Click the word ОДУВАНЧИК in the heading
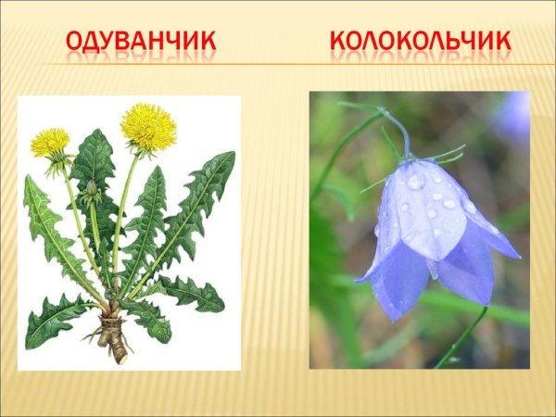142,42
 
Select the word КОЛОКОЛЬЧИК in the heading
420,42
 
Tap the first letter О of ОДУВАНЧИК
77,42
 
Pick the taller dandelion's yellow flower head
148,127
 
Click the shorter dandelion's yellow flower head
50,143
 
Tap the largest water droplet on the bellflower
416,182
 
